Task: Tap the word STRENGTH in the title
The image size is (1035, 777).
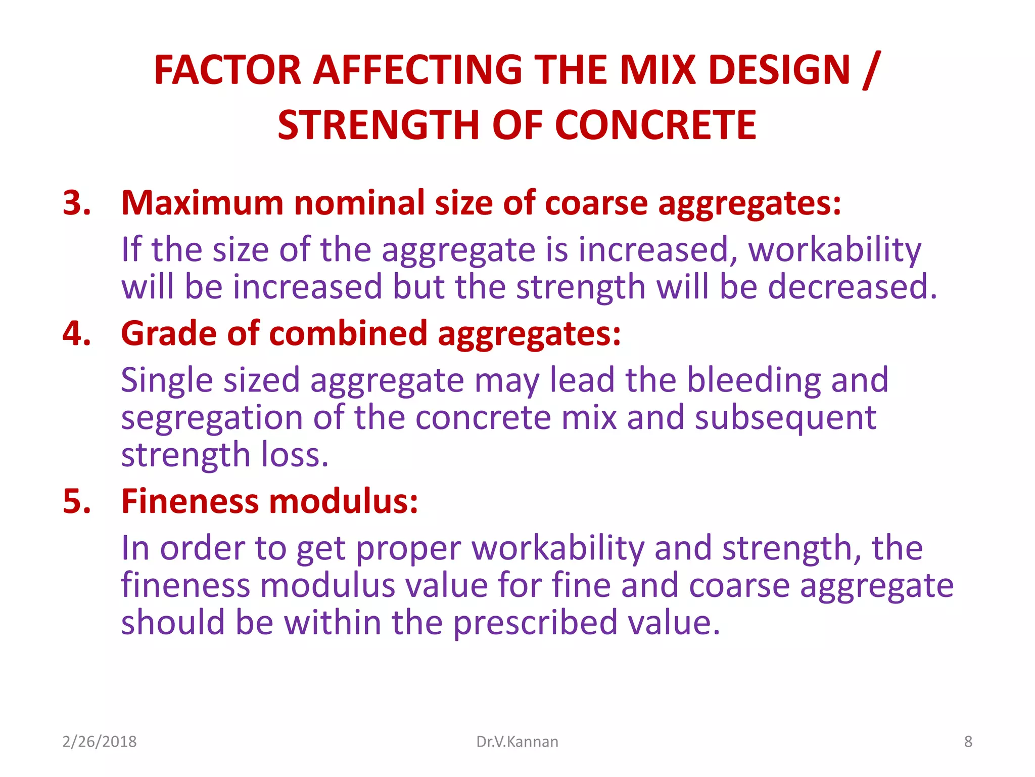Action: (x=379, y=125)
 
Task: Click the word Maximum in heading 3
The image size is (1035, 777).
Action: (x=202, y=203)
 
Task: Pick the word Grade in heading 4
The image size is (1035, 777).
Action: (x=169, y=334)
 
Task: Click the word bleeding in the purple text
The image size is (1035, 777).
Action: (x=753, y=380)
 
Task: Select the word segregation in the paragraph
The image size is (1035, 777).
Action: (x=212, y=419)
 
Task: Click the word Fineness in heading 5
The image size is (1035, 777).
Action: (x=190, y=502)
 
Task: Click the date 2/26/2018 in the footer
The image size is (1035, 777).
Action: (x=99, y=742)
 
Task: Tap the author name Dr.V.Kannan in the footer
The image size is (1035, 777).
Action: (x=517, y=742)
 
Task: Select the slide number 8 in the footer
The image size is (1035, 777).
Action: (x=968, y=742)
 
